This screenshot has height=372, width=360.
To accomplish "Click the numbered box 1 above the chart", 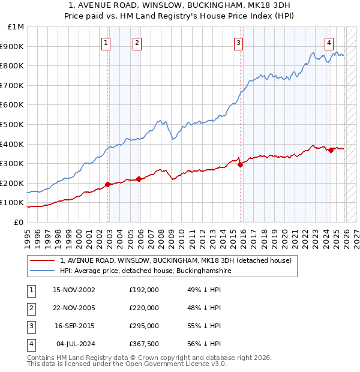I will (106, 43).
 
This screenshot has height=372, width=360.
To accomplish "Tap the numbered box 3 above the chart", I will (238, 43).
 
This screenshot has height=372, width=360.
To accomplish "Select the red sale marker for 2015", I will (240, 164).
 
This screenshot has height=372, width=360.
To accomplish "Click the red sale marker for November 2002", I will (108, 184).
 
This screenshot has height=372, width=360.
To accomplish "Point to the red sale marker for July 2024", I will (331, 150).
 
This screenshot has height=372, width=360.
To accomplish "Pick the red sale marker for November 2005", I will (139, 179).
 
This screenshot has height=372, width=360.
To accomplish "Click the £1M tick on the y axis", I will (16, 27).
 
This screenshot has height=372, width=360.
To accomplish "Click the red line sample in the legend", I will (41, 260).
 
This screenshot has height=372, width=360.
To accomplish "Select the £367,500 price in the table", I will (144, 344).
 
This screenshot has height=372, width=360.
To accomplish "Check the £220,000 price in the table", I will (144, 308).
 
